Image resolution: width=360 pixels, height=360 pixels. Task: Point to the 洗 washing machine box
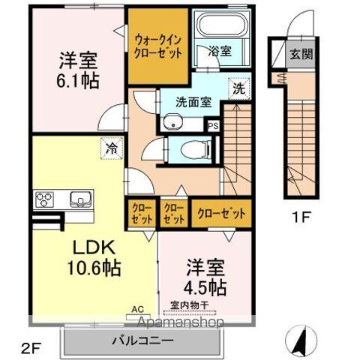pos(238,87)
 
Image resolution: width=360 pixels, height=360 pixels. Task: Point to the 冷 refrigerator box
pos(109,148)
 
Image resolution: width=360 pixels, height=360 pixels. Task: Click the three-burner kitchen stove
pos(43,199)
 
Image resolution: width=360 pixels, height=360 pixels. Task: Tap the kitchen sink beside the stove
pos(78,199)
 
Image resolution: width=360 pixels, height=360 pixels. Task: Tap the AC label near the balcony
pos(137,308)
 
